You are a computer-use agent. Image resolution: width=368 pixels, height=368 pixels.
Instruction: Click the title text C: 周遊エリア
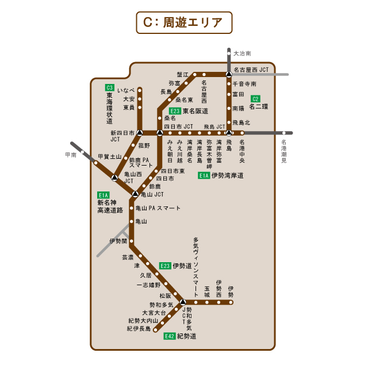184,22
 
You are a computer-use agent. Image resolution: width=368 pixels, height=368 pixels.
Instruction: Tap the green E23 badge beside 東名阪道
175,111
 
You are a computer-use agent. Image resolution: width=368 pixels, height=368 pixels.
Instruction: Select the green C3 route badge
109,87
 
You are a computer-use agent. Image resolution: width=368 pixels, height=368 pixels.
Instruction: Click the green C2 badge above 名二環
256,98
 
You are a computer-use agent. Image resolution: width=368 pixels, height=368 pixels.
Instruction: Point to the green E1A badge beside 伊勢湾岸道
204,175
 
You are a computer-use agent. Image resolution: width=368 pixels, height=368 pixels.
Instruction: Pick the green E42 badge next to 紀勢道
169,336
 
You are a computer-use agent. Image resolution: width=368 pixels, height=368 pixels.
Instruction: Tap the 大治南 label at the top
242,53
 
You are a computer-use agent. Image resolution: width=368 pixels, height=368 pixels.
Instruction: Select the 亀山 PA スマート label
158,208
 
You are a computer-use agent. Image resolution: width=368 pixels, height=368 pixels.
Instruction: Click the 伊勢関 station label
117,241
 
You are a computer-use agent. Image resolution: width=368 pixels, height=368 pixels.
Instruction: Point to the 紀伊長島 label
139,329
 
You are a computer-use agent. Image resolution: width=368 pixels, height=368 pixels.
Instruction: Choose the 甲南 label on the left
71,155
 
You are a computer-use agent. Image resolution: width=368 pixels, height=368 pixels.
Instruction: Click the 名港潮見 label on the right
284,151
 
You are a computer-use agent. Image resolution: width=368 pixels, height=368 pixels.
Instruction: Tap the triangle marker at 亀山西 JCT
114,177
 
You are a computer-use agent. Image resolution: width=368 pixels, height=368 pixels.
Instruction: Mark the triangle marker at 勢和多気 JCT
183,302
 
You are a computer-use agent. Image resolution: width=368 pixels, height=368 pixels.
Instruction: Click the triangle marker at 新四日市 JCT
139,133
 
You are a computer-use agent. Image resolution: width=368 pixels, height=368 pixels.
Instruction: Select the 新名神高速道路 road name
110,206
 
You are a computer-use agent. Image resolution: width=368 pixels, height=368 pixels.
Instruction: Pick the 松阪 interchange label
165,296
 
